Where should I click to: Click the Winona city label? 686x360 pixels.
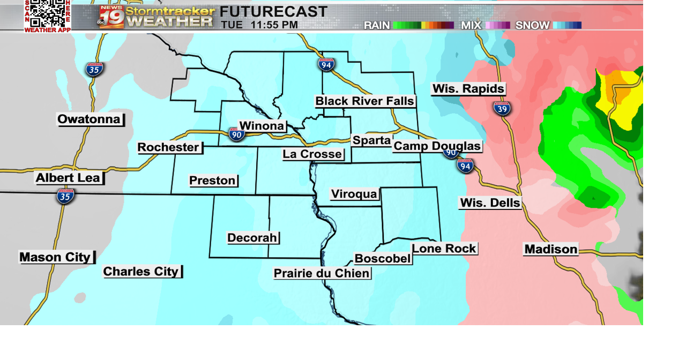pyautogui.click(x=262, y=126)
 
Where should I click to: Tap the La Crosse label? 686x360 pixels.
pyautogui.click(x=312, y=154)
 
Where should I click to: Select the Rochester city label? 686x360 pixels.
pyautogui.click(x=169, y=147)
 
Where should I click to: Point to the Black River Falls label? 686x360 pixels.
pyautogui.click(x=364, y=101)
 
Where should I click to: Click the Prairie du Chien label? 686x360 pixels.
pyautogui.click(x=322, y=273)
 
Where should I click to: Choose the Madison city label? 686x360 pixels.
pyautogui.click(x=551, y=249)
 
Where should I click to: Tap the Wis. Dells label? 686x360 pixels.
pyautogui.click(x=490, y=202)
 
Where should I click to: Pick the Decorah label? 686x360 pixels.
pyautogui.click(x=252, y=237)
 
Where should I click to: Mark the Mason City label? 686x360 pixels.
pyautogui.click(x=56, y=257)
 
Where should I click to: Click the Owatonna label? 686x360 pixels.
pyautogui.click(x=90, y=119)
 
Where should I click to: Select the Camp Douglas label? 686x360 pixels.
pyautogui.click(x=437, y=146)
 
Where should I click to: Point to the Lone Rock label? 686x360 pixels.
pyautogui.click(x=444, y=249)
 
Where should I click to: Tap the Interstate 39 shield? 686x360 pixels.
pyautogui.click(x=502, y=108)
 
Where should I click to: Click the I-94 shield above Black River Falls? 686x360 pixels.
pyautogui.click(x=326, y=65)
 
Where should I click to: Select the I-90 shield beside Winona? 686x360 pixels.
pyautogui.click(x=236, y=134)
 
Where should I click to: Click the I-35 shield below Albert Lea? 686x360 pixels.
pyautogui.click(x=65, y=196)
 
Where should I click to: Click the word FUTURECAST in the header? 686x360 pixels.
pyautogui.click(x=273, y=11)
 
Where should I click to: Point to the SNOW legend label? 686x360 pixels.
pyautogui.click(x=532, y=25)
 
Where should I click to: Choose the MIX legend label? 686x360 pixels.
pyautogui.click(x=471, y=25)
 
